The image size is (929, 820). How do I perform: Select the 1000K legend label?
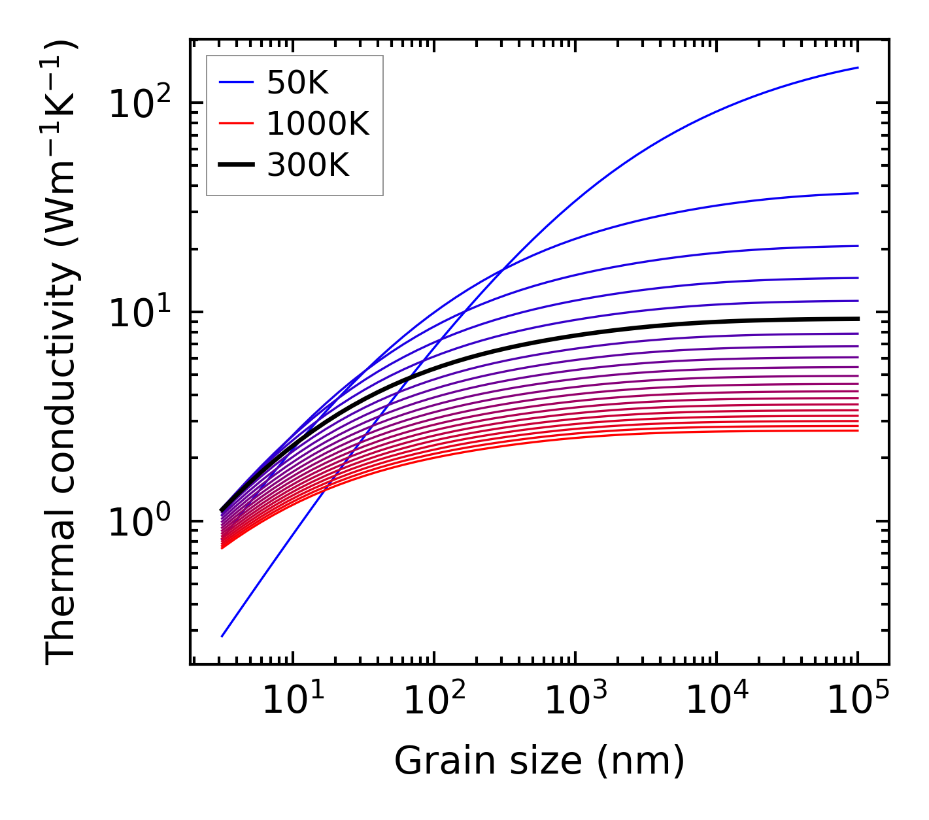tap(318, 124)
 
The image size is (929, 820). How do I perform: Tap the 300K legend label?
tap(308, 165)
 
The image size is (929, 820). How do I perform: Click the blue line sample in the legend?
tap(235, 82)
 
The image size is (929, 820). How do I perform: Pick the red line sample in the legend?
tap(235, 124)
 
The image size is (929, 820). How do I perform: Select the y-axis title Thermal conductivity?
tap(62, 352)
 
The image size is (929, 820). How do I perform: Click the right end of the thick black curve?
tap(858, 318)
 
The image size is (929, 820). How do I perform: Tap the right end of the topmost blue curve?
tap(858, 67)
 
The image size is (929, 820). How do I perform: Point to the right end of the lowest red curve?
tap(858, 430)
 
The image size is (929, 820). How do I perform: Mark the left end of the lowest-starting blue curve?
tap(222, 636)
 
